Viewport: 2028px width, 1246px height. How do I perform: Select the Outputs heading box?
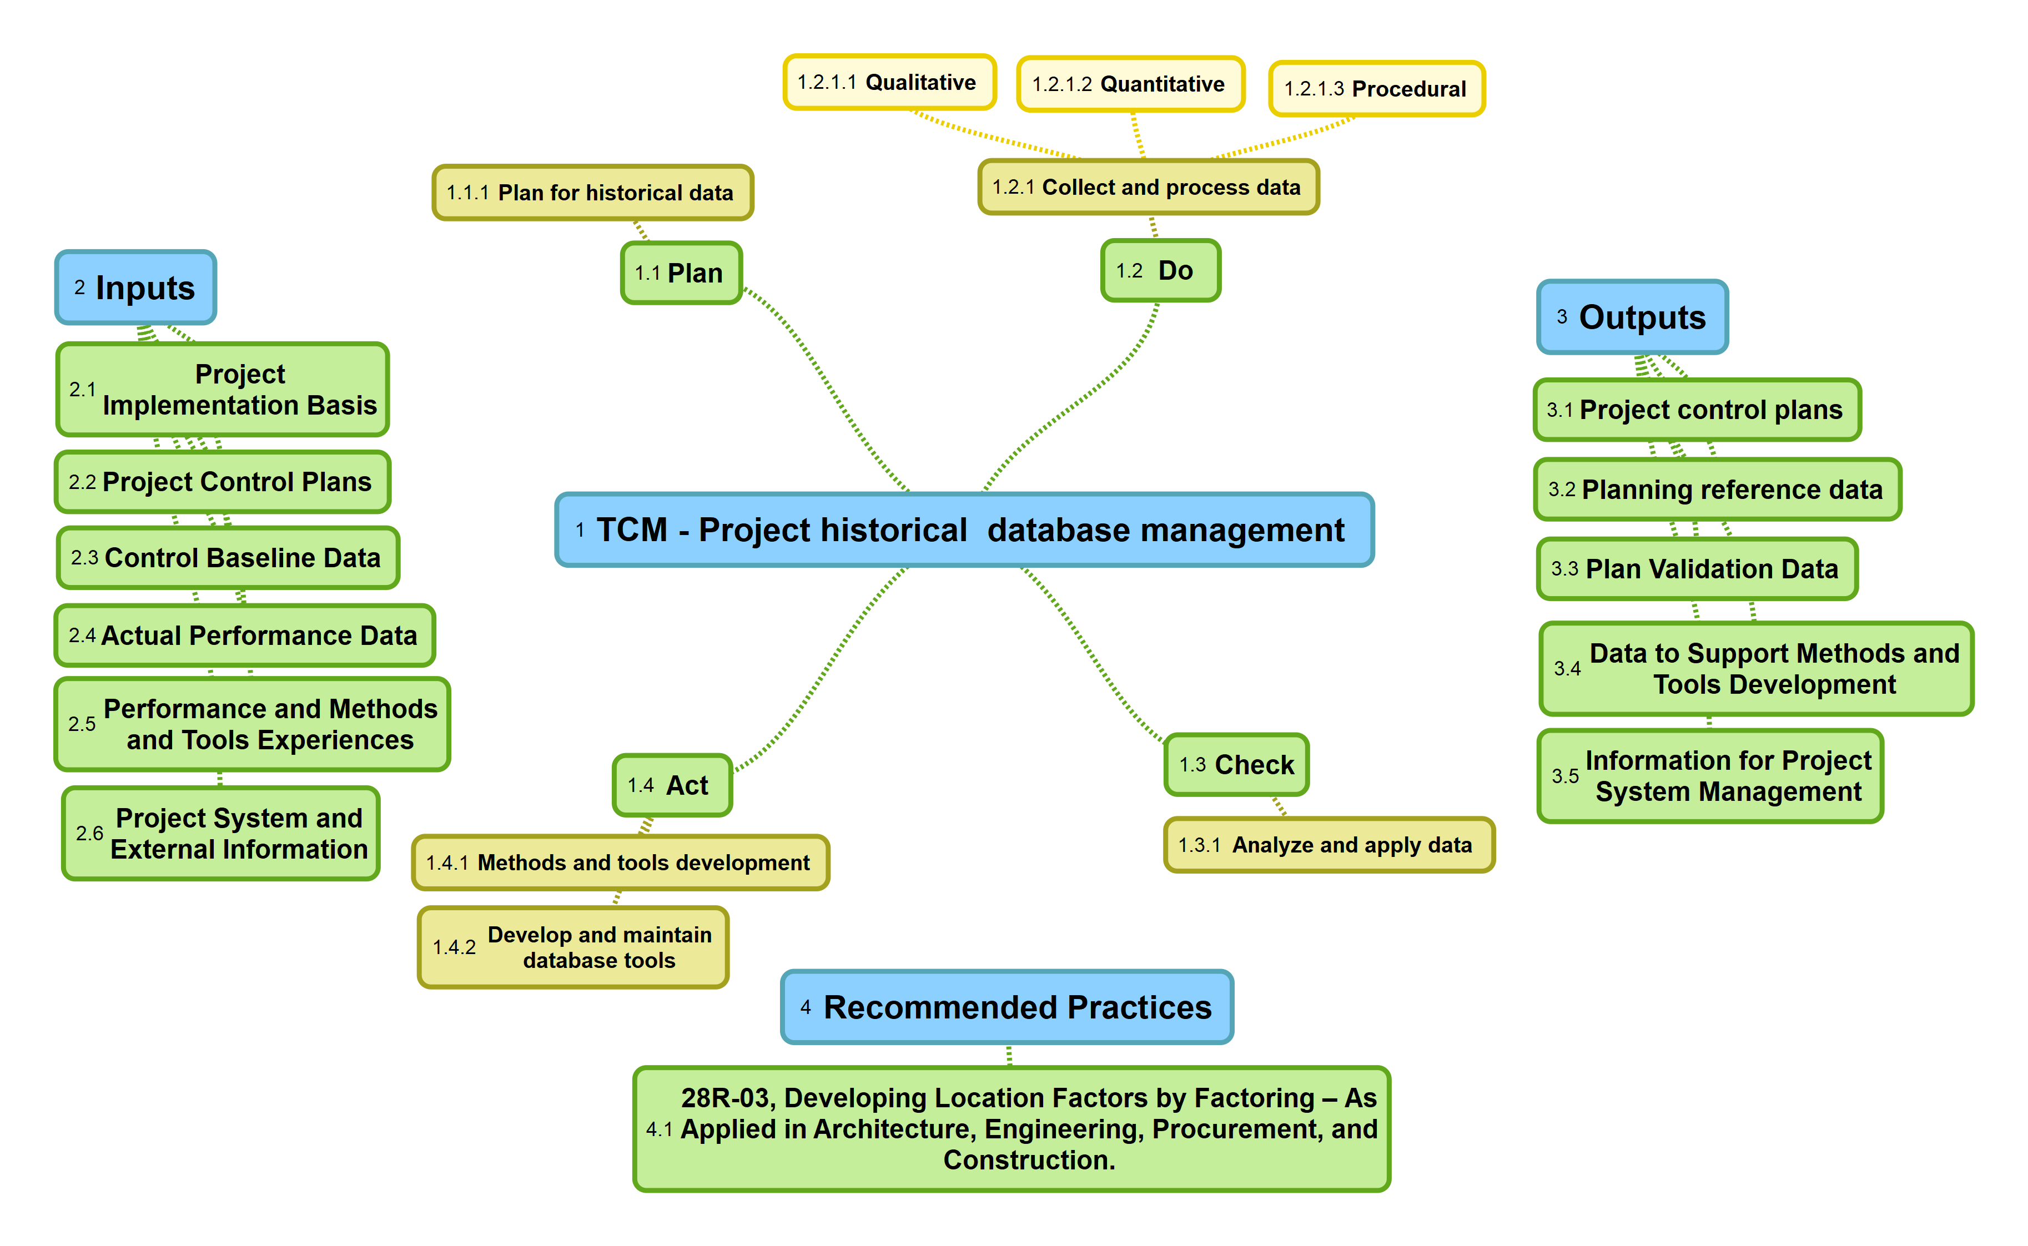tap(1632, 317)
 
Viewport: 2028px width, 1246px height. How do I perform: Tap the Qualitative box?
tap(889, 82)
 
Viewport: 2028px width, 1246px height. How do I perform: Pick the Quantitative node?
tap(1130, 84)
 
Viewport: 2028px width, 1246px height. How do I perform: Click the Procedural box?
tap(1376, 89)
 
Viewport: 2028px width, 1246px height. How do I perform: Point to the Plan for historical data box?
tap(592, 193)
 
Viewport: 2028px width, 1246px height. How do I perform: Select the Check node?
tap(1236, 765)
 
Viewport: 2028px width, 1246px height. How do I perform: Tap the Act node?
tap(672, 785)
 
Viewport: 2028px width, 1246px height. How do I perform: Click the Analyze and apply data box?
tap(1328, 845)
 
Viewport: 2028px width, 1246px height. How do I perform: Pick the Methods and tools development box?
tap(620, 863)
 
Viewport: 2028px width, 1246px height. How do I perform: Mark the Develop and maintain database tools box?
tap(573, 948)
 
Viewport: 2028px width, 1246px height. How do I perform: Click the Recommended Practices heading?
tap(1006, 1007)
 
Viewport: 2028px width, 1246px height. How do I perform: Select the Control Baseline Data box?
tap(228, 558)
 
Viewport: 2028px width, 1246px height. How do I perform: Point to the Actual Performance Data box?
tap(244, 635)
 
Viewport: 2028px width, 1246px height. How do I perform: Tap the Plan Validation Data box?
tap(1697, 569)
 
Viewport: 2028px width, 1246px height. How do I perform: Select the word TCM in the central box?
tap(631, 530)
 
